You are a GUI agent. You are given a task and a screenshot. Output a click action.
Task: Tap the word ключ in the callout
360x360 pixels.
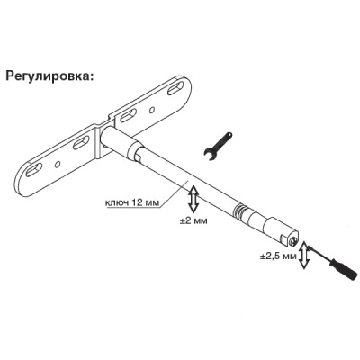[x=116, y=202]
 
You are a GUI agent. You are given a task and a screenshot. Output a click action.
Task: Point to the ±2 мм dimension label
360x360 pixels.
[x=193, y=221]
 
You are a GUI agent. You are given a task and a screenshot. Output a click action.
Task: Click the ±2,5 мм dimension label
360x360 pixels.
[x=278, y=256]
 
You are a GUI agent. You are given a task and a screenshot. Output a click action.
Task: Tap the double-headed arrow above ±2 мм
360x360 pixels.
[x=193, y=199]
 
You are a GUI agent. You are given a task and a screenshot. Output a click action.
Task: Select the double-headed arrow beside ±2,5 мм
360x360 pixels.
[x=304, y=256]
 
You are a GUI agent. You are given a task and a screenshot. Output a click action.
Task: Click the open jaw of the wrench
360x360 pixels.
[x=211, y=154]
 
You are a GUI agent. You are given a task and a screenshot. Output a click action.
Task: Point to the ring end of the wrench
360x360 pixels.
[x=228, y=136]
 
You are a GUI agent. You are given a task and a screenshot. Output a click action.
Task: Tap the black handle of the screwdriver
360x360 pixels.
[x=349, y=270]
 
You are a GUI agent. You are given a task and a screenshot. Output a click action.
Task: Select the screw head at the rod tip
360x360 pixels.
[x=293, y=240]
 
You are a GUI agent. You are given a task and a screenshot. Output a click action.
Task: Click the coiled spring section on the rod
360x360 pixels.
[x=239, y=210]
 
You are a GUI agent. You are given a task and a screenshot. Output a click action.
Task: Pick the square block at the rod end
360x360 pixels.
[x=283, y=231]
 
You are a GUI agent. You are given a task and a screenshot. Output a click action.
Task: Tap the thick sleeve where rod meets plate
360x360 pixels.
[x=118, y=141]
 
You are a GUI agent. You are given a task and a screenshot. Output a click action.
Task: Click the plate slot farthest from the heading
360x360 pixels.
[x=34, y=170]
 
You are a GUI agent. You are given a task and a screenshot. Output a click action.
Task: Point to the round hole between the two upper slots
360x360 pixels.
[x=152, y=111]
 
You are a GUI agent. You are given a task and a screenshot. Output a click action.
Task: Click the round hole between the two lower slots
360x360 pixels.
[x=58, y=164]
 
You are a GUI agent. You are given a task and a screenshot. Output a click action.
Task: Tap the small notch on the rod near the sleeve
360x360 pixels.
[x=139, y=156]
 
